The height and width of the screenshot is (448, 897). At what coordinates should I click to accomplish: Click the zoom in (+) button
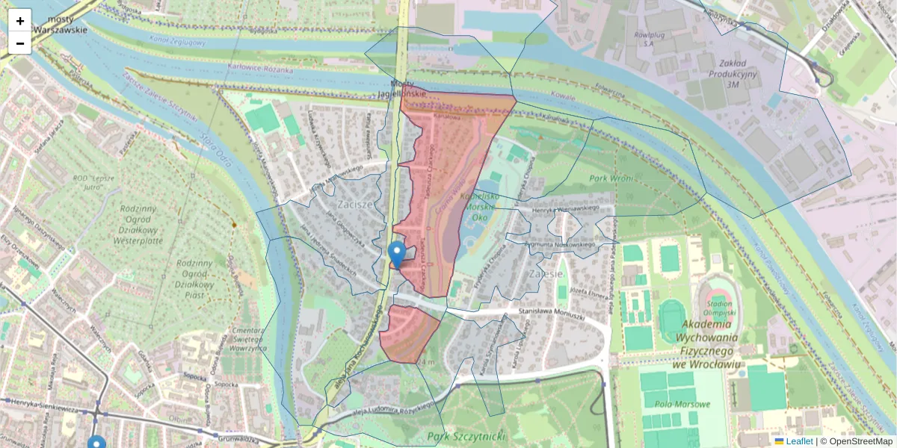click(20, 20)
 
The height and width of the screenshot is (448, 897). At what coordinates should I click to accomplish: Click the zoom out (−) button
click(20, 43)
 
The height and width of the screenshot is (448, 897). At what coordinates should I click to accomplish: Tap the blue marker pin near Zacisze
click(398, 254)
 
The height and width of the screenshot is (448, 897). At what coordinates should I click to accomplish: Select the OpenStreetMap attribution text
click(860, 441)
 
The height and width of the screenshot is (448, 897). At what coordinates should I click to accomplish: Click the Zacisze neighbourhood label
click(354, 205)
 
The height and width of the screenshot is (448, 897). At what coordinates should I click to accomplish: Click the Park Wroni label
click(611, 178)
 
